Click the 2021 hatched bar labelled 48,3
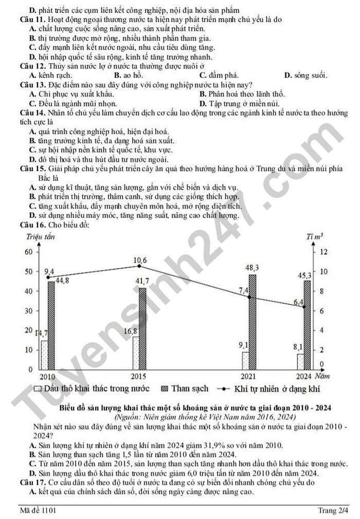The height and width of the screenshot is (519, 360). [x=253, y=322]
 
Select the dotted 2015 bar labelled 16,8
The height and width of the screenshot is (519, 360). [x=136, y=353]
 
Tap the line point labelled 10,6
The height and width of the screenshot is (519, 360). [x=139, y=266]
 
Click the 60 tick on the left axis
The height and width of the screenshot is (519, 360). [x=28, y=252]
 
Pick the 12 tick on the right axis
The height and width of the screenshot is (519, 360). [x=323, y=252]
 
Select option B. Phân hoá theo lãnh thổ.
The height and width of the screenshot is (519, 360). [x=242, y=94]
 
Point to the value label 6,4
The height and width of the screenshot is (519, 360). [x=298, y=302]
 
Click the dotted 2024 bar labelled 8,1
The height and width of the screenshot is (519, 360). [x=300, y=361]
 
